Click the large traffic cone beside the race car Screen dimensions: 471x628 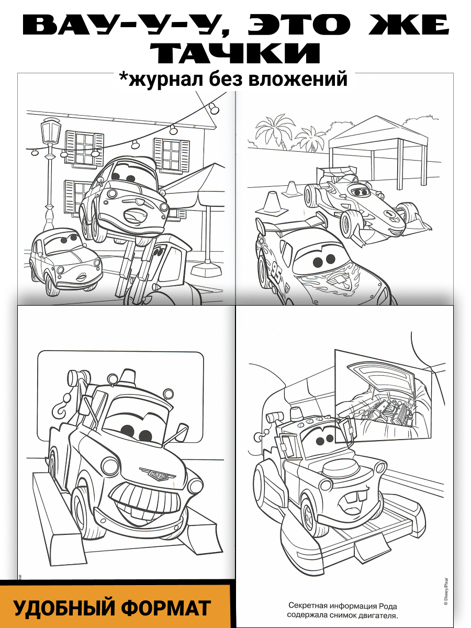[x=271, y=203]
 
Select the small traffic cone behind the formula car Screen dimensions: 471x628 [x=291, y=189]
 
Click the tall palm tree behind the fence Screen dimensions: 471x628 [x=275, y=134]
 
